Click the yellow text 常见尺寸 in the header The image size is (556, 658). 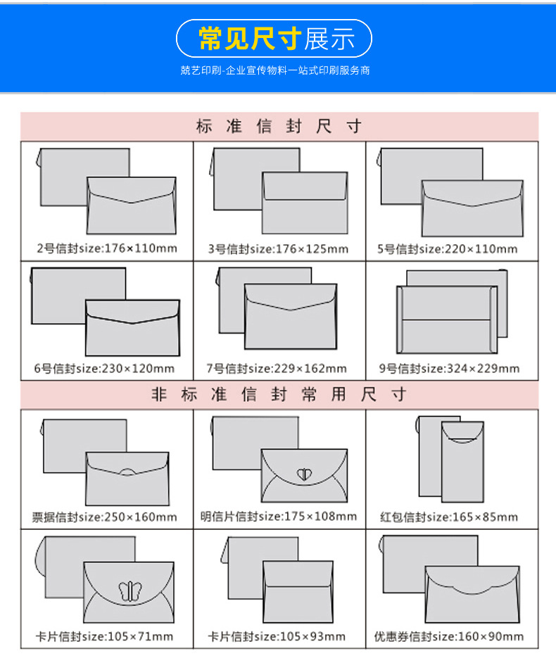pyautogui.click(x=249, y=39)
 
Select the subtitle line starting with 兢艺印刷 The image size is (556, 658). pyautogui.click(x=274, y=70)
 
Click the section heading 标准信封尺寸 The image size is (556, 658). pyautogui.click(x=279, y=126)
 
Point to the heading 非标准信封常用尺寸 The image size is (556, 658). pyautogui.click(x=279, y=394)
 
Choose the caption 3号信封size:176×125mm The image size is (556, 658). pyautogui.click(x=278, y=248)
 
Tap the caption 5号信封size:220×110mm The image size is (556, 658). pyautogui.click(x=448, y=248)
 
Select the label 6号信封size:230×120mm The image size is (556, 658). pyautogui.click(x=104, y=368)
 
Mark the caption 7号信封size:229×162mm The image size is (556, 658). pyautogui.click(x=277, y=368)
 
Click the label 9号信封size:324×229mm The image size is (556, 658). pyautogui.click(x=449, y=368)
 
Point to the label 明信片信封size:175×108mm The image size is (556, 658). pyautogui.click(x=279, y=517)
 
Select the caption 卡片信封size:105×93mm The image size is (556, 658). pyautogui.click(x=277, y=637)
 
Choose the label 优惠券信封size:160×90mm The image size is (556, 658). pyautogui.click(x=449, y=637)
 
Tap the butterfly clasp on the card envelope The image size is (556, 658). pyautogui.click(x=129, y=590)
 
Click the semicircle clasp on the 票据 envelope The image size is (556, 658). pyautogui.click(x=127, y=470)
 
